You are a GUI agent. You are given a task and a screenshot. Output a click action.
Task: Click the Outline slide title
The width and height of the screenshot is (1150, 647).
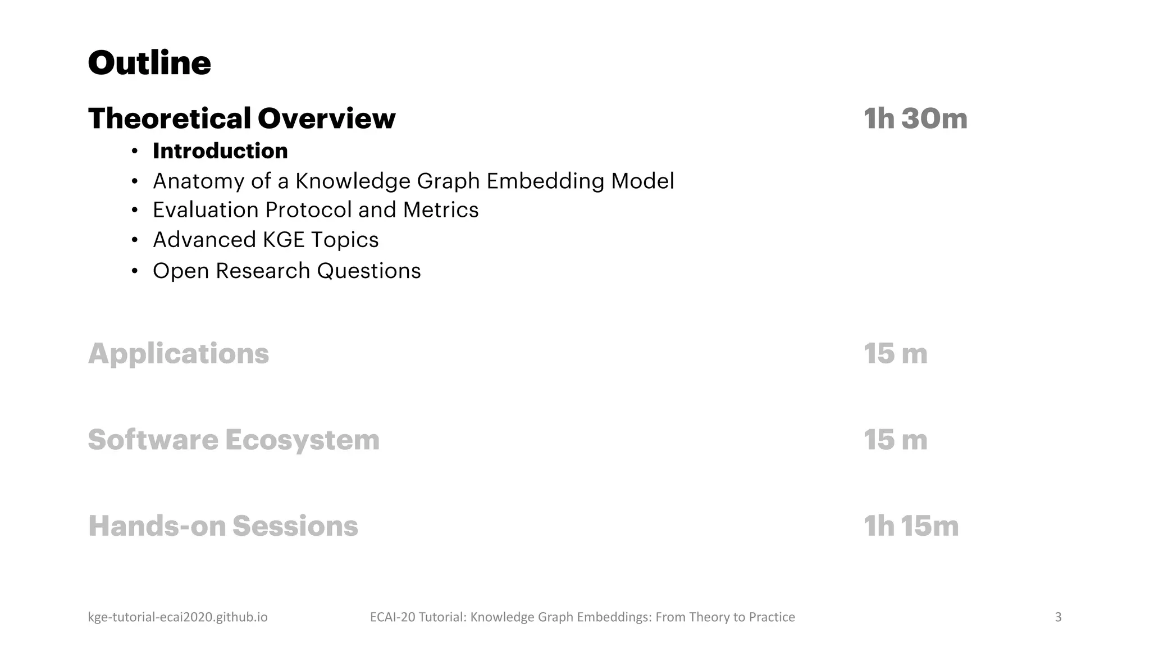tap(149, 63)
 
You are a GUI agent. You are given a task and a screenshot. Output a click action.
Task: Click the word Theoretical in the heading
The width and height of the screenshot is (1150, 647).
tap(170, 119)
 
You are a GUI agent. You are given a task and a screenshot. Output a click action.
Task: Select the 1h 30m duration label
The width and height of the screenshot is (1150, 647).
tap(915, 119)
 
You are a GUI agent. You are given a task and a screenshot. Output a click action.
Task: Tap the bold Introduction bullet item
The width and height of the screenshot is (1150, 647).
tap(220, 151)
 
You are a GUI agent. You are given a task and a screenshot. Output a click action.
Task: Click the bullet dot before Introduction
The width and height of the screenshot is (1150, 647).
tap(134, 152)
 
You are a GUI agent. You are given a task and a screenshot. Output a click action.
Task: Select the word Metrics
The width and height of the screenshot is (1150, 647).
tap(440, 210)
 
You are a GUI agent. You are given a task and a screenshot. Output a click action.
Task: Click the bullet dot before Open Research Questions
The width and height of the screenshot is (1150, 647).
tap(134, 271)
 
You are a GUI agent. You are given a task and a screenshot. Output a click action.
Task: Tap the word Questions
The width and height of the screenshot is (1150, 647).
tap(368, 271)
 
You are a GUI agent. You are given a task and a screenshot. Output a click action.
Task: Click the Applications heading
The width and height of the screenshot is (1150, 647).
tap(179, 354)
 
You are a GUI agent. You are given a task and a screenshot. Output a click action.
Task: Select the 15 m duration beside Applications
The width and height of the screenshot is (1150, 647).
tap(895, 354)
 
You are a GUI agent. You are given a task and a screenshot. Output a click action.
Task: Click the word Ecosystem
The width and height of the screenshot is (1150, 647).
tap(302, 440)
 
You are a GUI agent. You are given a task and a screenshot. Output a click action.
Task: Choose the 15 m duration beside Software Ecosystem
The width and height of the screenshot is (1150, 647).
tap(895, 440)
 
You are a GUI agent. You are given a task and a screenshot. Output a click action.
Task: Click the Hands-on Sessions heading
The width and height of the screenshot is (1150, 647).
tap(223, 526)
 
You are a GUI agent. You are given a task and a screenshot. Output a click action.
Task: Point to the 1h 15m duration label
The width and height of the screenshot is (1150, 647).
tap(911, 526)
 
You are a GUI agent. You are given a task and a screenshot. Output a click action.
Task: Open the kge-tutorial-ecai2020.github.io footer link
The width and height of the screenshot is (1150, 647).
tap(177, 617)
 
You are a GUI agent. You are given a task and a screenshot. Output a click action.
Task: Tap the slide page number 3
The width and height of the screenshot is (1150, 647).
tap(1058, 617)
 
